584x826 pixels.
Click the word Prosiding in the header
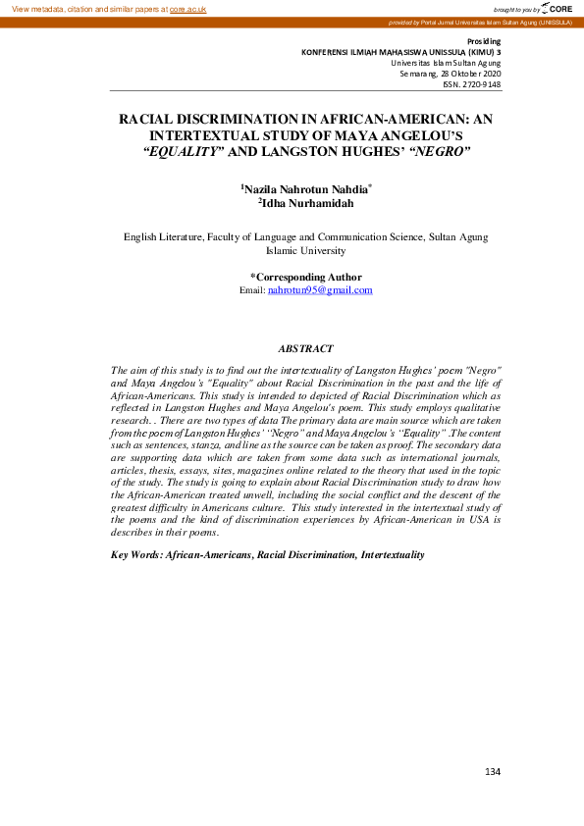point(483,41)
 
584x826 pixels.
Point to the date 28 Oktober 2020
point(468,74)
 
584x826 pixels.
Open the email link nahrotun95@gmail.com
point(320,290)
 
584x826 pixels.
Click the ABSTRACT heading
point(305,348)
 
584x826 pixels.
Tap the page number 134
point(492,772)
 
